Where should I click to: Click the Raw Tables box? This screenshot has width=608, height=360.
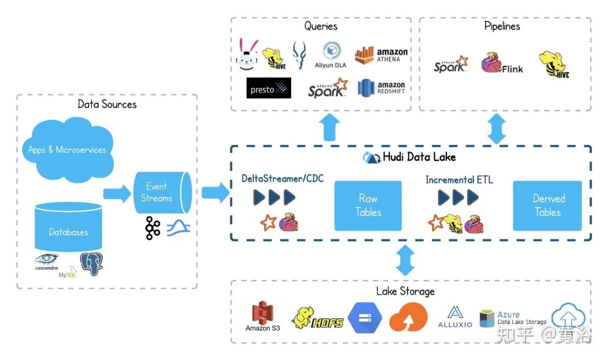pos(368,205)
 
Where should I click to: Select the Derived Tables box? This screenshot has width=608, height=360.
pos(548,205)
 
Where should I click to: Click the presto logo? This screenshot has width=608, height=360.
pos(269,88)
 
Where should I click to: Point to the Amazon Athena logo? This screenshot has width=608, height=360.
pos(381,55)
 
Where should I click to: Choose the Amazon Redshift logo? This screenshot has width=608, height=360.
pos(381,88)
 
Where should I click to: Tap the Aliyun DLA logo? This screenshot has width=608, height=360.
pos(330,55)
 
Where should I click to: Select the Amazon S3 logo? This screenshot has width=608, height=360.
pos(263,317)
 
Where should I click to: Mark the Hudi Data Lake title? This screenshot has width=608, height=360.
pos(409,157)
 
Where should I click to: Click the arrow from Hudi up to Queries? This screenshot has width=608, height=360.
pos(330,127)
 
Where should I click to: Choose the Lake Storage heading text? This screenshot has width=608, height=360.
pos(405,291)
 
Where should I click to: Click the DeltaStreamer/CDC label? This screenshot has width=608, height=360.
pos(283,178)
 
